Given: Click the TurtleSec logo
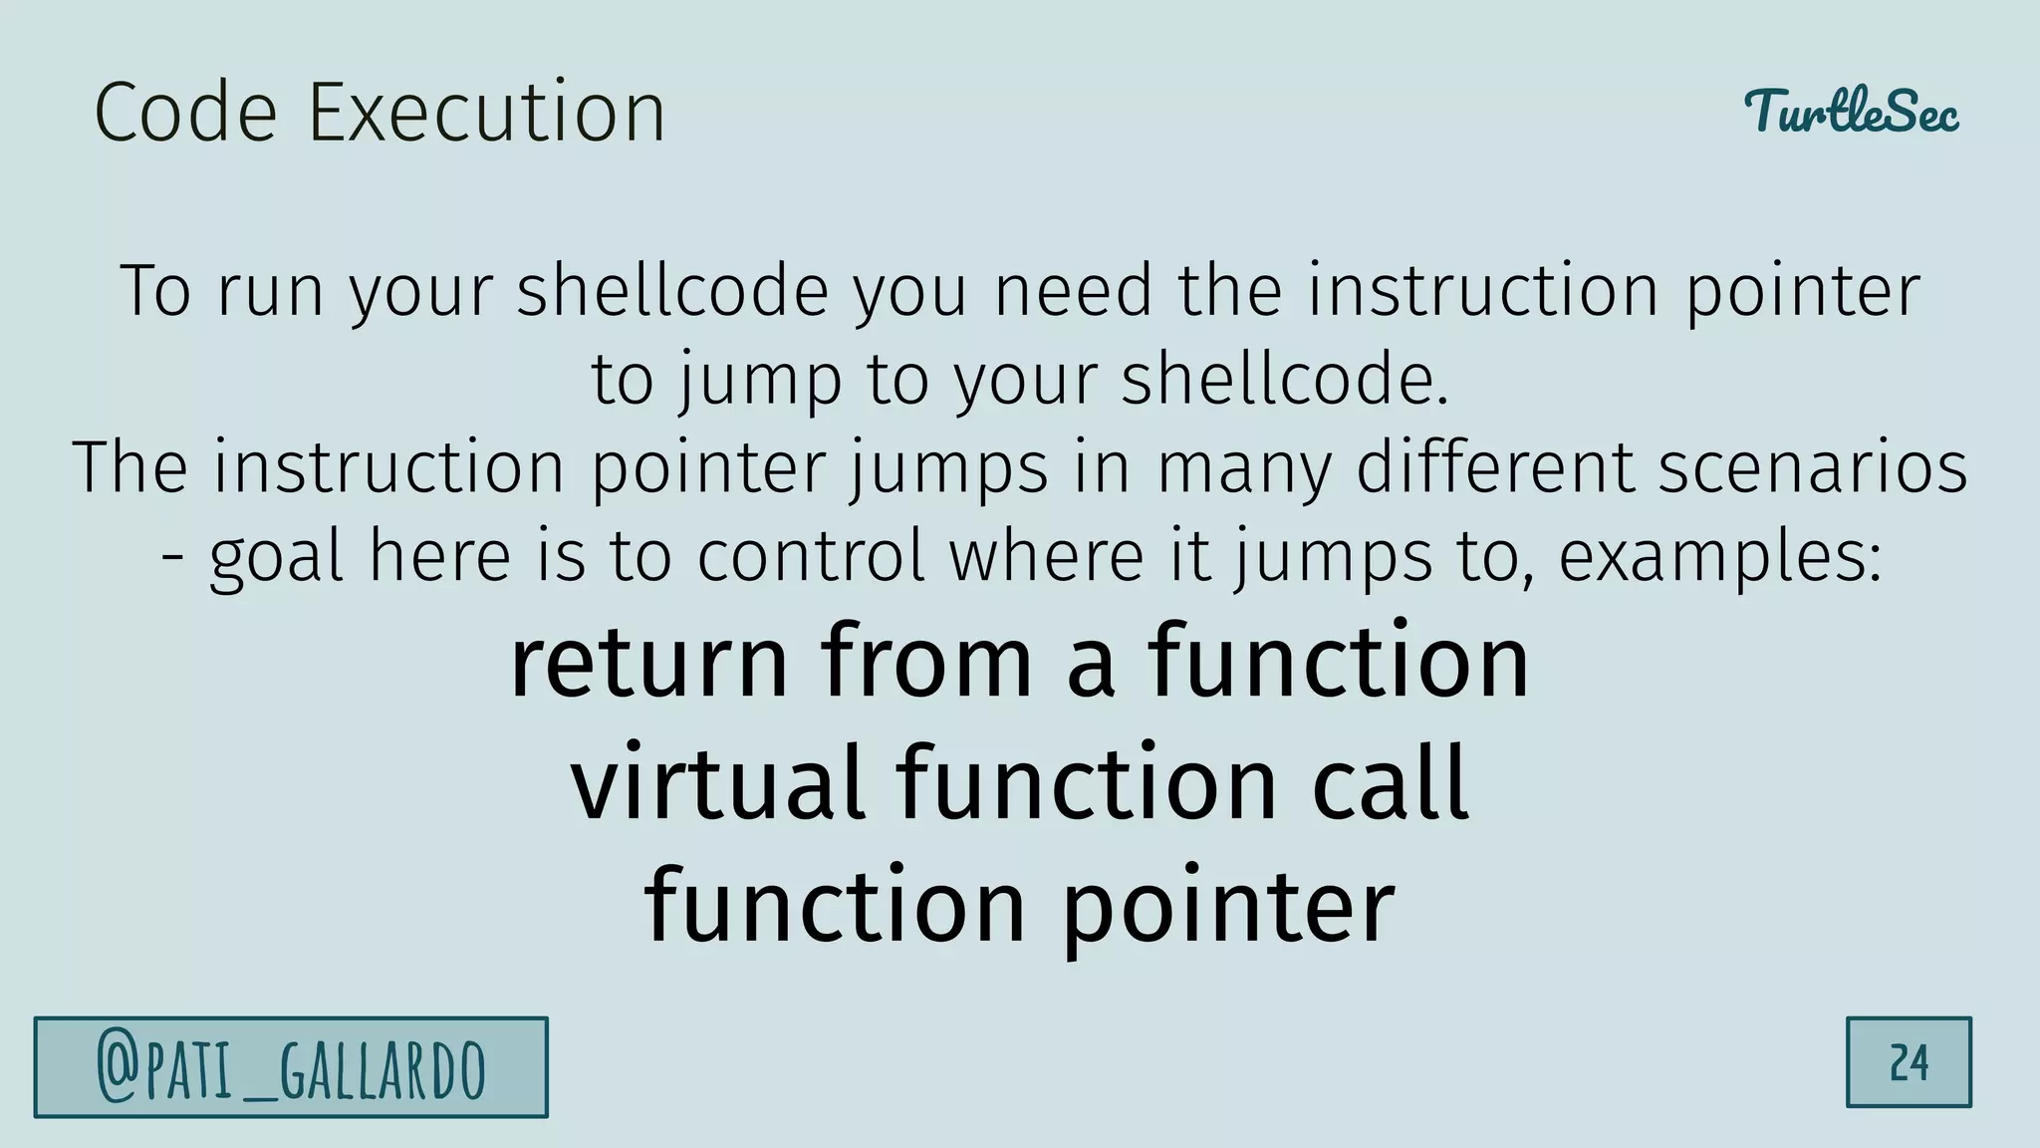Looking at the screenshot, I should point(1851,112).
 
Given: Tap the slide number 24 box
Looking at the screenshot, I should point(1909,1062).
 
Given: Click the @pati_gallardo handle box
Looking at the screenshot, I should point(291,1067).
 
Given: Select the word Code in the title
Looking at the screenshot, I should point(185,112).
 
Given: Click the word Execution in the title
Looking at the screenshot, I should point(486,112).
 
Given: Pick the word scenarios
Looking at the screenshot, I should point(1812,468).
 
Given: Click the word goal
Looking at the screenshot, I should point(276,557).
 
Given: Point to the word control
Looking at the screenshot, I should point(811,557).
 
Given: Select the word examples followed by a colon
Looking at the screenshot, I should point(1719,557).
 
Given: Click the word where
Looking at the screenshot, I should point(1046,557).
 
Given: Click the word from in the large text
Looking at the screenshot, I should point(926,663).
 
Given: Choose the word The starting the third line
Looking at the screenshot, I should point(129,468).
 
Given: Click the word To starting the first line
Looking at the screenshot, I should point(155,291).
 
